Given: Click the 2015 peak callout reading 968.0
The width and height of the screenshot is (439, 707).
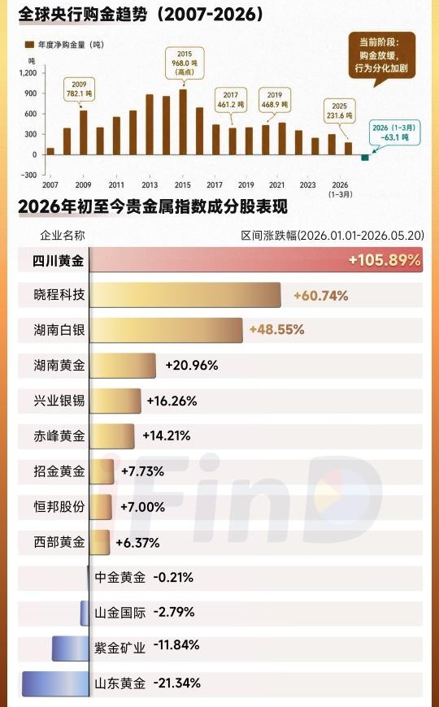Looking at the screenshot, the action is click(184, 63).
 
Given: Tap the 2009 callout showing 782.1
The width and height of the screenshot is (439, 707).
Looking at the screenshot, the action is click(79, 89).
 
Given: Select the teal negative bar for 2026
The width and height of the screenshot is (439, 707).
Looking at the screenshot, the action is click(364, 158).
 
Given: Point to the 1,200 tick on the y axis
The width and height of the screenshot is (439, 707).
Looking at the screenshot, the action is click(28, 72).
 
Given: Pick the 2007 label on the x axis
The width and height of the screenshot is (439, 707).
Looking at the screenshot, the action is click(50, 184).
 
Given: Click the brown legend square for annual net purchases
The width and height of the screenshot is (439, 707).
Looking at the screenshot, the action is click(29, 45).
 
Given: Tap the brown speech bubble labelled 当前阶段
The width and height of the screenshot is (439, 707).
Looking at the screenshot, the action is click(381, 55).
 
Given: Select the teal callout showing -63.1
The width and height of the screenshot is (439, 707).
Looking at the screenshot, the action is click(394, 132).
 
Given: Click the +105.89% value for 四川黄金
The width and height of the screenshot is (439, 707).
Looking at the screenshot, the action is click(385, 260).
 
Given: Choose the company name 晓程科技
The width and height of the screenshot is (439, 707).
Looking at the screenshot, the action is click(59, 295).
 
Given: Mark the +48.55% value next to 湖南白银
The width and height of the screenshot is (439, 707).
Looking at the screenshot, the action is click(276, 330).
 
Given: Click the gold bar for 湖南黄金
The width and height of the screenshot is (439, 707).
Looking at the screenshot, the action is click(123, 366).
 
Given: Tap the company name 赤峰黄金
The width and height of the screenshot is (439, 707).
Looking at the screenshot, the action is click(59, 436).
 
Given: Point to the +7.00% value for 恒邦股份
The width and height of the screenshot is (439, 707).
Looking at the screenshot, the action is click(142, 507).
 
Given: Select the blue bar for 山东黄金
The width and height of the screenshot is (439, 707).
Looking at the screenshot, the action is click(55, 683).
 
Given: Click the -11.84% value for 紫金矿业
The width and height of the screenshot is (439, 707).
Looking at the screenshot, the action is click(176, 645).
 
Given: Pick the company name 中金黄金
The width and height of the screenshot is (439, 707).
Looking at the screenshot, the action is click(120, 578).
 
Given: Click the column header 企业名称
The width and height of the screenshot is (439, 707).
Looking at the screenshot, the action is click(63, 235).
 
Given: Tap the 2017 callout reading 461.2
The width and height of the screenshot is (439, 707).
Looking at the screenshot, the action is click(231, 100).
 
